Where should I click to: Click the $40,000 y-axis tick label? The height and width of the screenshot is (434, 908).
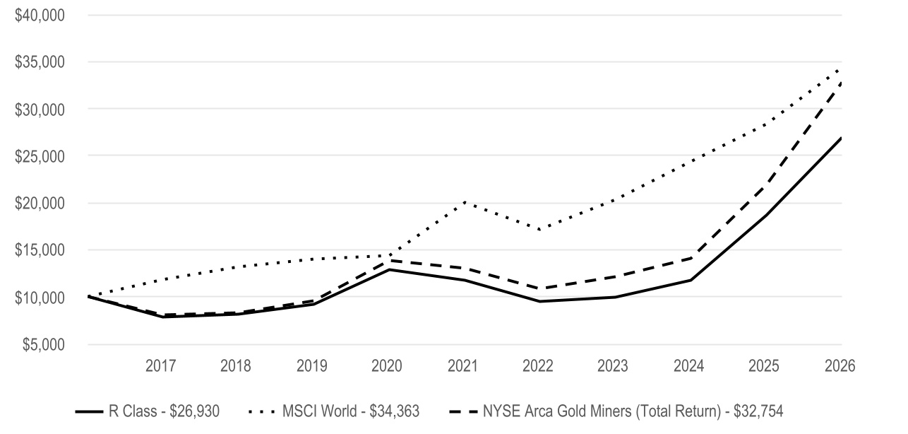(x=40, y=16)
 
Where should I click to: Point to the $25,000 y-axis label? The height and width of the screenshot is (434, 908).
(x=40, y=156)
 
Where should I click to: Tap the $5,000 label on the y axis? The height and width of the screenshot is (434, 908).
(x=43, y=345)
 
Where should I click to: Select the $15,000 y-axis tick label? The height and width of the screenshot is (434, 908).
(x=40, y=250)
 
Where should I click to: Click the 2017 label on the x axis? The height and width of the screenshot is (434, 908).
(x=160, y=366)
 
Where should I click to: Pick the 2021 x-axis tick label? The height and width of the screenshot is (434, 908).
(x=462, y=366)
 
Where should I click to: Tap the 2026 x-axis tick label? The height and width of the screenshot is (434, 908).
(x=840, y=366)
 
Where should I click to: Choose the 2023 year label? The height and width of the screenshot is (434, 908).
(x=612, y=366)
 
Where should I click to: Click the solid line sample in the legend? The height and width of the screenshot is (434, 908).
(x=89, y=412)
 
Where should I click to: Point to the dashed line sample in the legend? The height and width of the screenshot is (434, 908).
(x=463, y=412)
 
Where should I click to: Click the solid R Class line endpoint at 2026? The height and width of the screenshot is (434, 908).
(x=842, y=138)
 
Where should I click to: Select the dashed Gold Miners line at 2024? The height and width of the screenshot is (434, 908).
(x=691, y=258)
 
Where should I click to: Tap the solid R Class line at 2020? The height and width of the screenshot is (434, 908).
(x=389, y=269)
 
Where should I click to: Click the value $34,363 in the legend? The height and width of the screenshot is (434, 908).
(x=395, y=411)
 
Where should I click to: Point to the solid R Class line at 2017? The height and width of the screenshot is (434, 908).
(x=163, y=317)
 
